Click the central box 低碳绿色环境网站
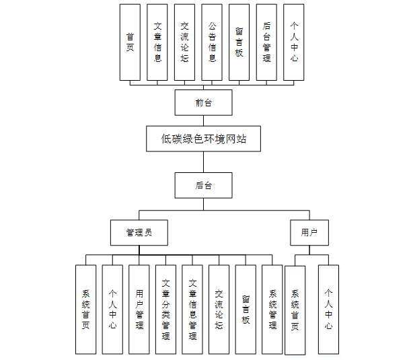click(203, 139)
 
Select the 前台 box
click(203, 102)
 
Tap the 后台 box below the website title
click(203, 185)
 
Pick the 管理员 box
click(139, 233)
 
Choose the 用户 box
click(309, 233)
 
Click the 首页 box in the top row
click(130, 42)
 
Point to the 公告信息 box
click(212, 42)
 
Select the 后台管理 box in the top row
click(266, 42)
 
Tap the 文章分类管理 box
click(165, 310)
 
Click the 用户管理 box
click(139, 310)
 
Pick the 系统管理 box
click(272, 310)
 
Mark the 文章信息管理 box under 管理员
click(192, 310)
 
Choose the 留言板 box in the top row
click(239, 42)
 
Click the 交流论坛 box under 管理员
click(219, 310)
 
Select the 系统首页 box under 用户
click(295, 310)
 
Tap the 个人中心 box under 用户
click(328, 310)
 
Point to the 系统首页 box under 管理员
click(85, 310)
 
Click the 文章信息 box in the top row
click(157, 42)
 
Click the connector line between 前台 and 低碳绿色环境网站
click(203, 120)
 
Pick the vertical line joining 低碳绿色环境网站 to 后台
click(203, 162)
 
